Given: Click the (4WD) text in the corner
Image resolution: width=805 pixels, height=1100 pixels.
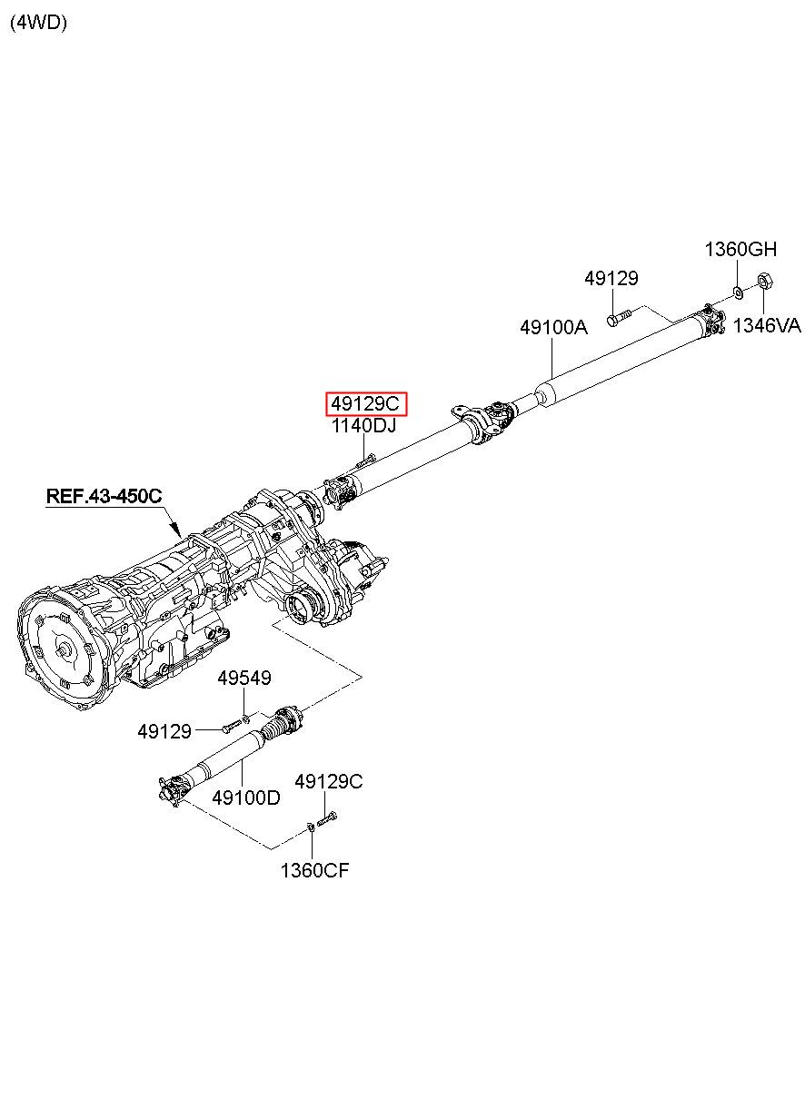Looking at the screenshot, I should pyautogui.click(x=38, y=24).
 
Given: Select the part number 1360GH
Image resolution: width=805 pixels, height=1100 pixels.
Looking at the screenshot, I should pyautogui.click(x=740, y=250).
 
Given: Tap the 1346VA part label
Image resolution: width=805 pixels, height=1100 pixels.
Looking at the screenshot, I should pyautogui.click(x=767, y=325).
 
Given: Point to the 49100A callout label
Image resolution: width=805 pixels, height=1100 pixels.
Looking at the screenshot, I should pyautogui.click(x=553, y=327).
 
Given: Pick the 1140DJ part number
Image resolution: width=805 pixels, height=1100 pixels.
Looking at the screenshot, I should pyautogui.click(x=363, y=426).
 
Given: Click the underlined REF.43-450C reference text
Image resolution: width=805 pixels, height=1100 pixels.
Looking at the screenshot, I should pyautogui.click(x=104, y=496).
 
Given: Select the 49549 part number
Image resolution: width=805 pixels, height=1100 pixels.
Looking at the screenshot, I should pyautogui.click(x=243, y=679).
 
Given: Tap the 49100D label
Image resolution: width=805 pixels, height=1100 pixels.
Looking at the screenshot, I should pyautogui.click(x=245, y=798).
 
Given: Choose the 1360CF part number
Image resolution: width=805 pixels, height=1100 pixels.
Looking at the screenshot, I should pyautogui.click(x=313, y=871).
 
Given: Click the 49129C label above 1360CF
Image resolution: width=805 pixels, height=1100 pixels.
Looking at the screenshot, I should pyautogui.click(x=328, y=781).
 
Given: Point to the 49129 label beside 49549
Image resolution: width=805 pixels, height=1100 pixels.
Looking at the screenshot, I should pyautogui.click(x=164, y=730).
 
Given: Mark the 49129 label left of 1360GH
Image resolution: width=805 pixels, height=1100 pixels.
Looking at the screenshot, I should pyautogui.click(x=611, y=279).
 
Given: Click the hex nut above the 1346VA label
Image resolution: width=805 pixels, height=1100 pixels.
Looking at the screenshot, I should pyautogui.click(x=764, y=282).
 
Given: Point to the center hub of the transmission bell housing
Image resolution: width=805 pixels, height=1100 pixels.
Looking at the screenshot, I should pyautogui.click(x=62, y=650).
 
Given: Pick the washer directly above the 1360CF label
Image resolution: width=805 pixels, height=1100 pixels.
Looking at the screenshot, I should pyautogui.click(x=311, y=827).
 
